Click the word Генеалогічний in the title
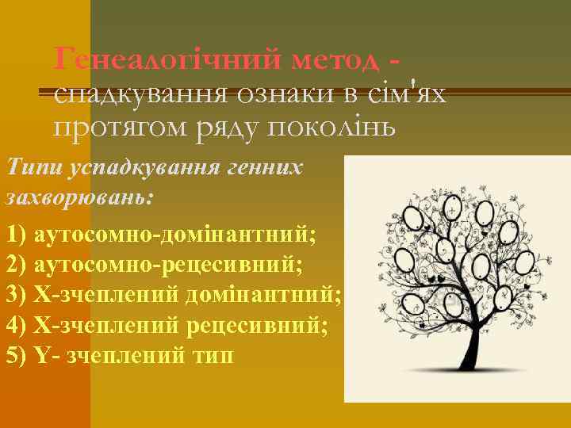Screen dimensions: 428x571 click(x=167, y=58)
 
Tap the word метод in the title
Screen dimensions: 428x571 click(x=337, y=58)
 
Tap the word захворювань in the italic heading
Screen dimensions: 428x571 click(x=75, y=197)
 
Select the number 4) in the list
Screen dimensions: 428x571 click(x=16, y=325)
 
